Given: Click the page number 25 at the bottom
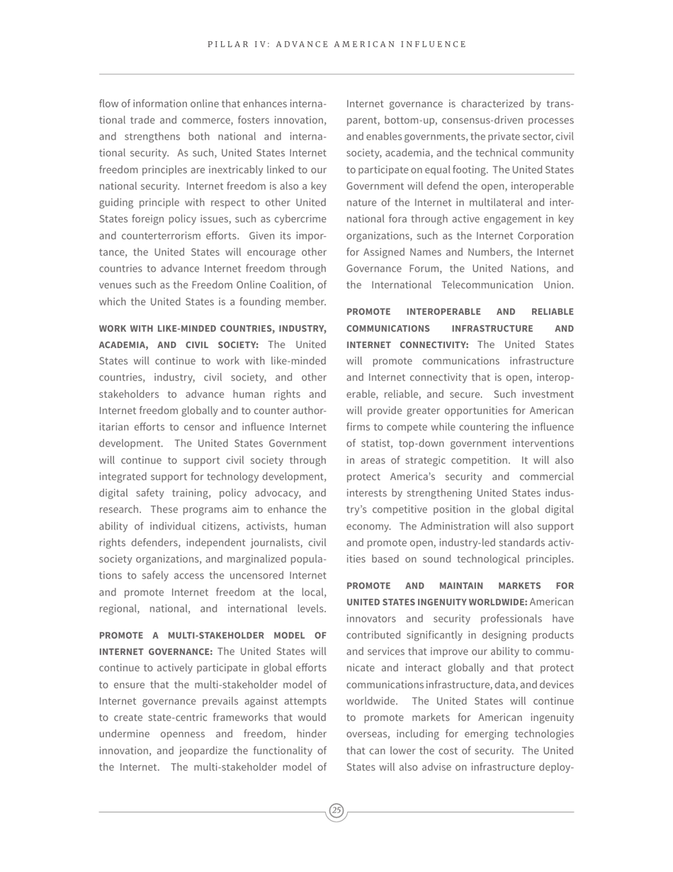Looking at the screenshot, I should pyautogui.click(x=336, y=810).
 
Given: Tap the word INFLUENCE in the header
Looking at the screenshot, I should pyautogui.click(x=436, y=45).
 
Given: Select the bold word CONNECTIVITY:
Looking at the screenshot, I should pyautogui.click(x=433, y=345).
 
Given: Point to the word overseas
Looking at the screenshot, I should pyautogui.click(x=368, y=734).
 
